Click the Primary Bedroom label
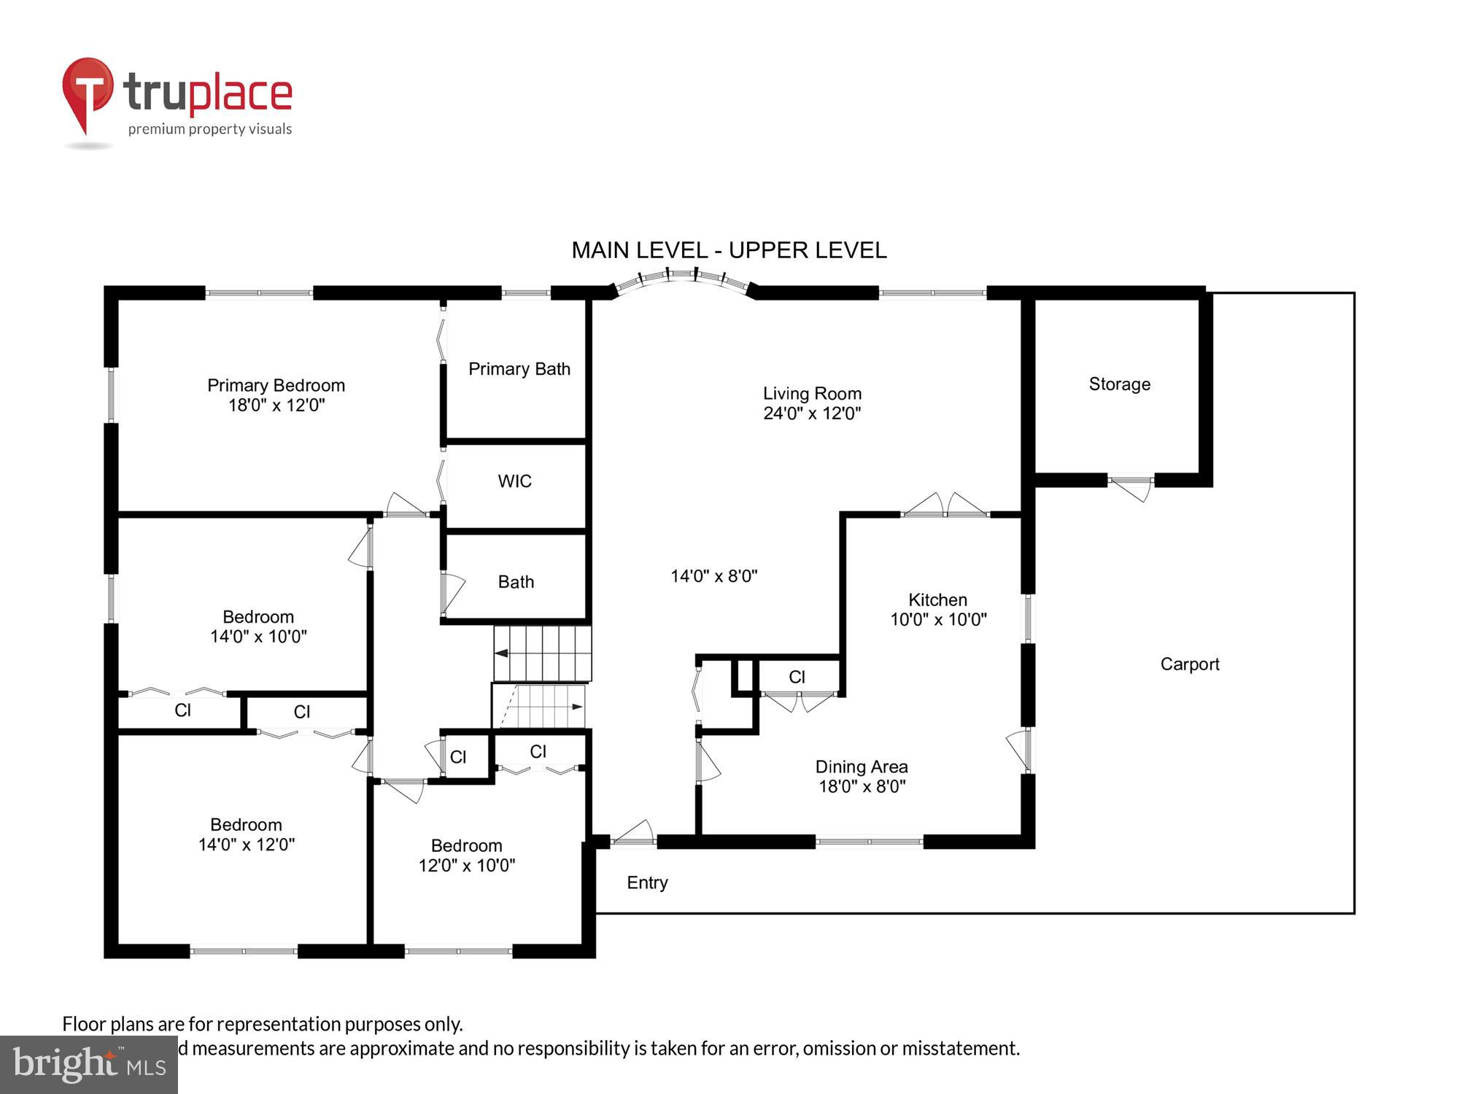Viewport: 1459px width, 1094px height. pos(276,385)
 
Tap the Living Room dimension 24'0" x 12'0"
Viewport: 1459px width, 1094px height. pos(812,414)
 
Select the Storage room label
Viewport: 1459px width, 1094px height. pos(1119,384)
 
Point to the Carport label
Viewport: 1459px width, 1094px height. pos(1189,664)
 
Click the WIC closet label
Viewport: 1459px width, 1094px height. pos(514,481)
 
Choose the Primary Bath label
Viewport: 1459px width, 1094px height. pos(519,369)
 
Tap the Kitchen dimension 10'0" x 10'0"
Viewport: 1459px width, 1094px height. pos(938,620)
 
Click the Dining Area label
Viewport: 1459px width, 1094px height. pos(861,767)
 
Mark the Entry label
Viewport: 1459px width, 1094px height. pos(647,882)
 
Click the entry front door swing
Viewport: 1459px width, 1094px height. pos(633,834)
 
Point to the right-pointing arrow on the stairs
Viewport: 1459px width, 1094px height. pos(577,707)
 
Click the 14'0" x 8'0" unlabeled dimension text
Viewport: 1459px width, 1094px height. pos(713,576)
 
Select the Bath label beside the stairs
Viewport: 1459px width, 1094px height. pos(516,582)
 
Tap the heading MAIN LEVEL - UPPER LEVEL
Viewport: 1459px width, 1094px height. pos(729,250)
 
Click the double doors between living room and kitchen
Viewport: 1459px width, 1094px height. pos(945,505)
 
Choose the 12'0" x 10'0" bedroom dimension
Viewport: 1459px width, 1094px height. pos(466,866)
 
